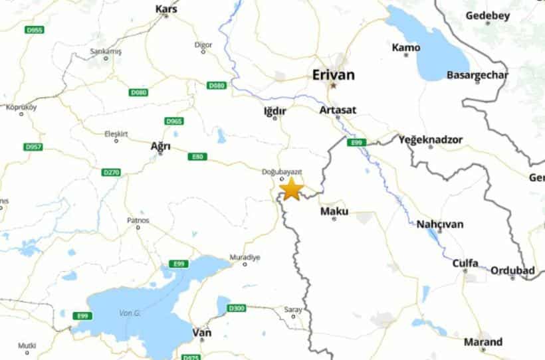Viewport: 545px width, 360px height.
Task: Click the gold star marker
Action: (291, 189)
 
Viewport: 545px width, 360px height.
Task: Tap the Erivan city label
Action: (334, 75)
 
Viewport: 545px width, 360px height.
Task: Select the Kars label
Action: (166, 9)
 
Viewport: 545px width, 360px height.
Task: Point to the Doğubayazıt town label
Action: (282, 172)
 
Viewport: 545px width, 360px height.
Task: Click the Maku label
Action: (334, 211)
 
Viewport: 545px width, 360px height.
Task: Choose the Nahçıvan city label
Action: (439, 224)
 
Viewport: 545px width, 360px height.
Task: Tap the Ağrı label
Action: (160, 146)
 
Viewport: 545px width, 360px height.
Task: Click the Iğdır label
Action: (274, 110)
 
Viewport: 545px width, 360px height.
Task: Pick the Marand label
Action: (483, 342)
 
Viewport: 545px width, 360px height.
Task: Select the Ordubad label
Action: (512, 270)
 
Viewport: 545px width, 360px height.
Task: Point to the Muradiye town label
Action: (245, 257)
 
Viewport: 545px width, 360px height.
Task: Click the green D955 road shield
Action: (33, 30)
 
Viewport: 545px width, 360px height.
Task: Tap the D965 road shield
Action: (173, 121)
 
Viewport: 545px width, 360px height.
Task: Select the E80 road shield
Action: (197, 157)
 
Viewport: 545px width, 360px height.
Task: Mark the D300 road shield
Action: (237, 308)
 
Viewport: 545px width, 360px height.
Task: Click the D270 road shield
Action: (112, 172)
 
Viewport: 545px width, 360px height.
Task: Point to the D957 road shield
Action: (33, 146)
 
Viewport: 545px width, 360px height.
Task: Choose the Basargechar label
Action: (477, 75)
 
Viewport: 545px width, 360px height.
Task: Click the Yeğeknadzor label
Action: (431, 139)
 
